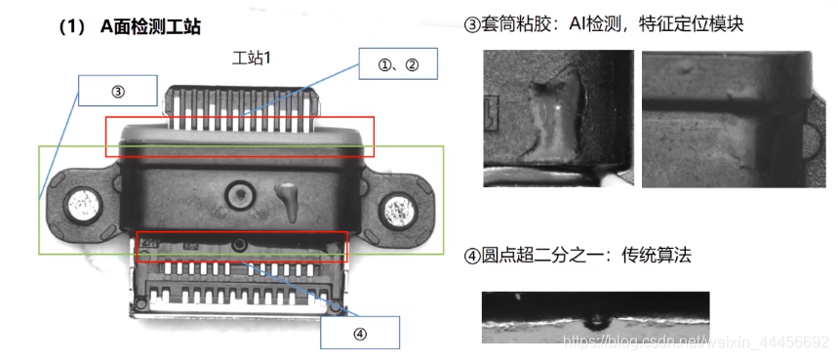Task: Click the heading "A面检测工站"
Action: pyautogui.click(x=150, y=26)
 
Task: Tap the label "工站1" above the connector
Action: pyautogui.click(x=251, y=58)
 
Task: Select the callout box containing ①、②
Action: pyautogui.click(x=398, y=64)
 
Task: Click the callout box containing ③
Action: pyautogui.click(x=118, y=91)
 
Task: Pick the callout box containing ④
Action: pyautogui.click(x=360, y=333)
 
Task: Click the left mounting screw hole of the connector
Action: pyautogui.click(x=83, y=205)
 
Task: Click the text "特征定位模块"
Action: pyautogui.click(x=691, y=24)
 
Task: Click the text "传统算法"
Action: pyautogui.click(x=657, y=256)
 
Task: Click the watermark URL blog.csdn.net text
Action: pyautogui.click(x=697, y=340)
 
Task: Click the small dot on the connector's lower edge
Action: pyautogui.click(x=239, y=245)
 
